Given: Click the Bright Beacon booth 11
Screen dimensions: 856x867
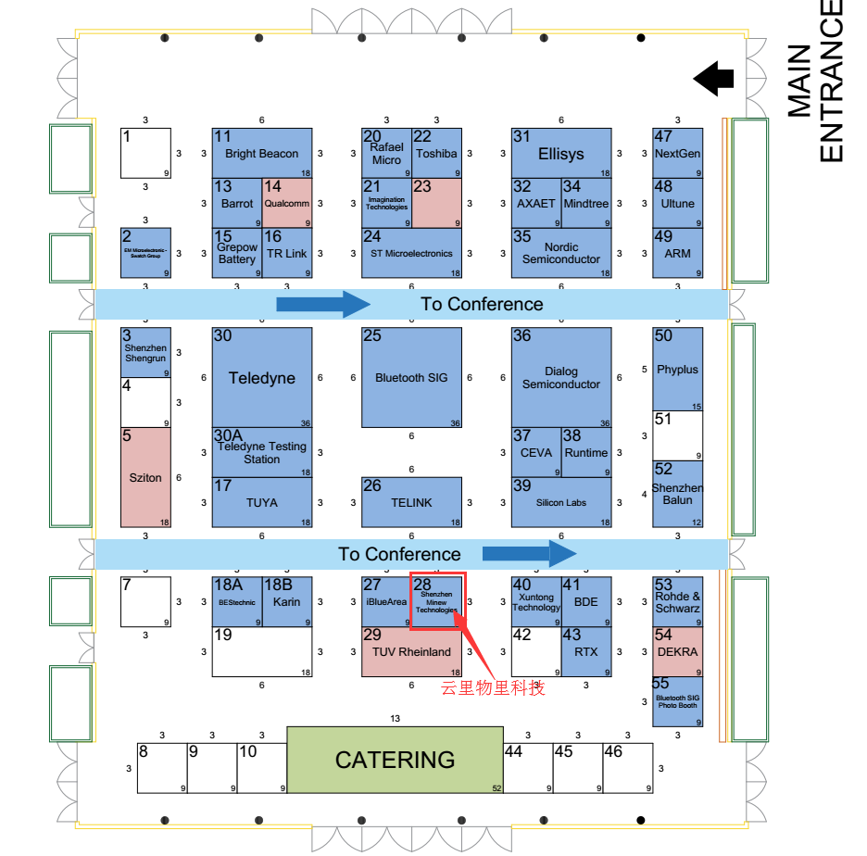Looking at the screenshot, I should [262, 153].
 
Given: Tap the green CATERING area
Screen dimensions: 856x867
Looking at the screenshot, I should [395, 760].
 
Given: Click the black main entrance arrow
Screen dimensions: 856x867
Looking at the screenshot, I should [713, 78].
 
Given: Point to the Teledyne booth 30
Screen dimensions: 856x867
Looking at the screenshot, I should [262, 377].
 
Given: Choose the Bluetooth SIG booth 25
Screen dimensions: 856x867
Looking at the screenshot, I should [411, 377].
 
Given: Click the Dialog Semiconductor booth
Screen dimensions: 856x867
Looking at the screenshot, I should [561, 377].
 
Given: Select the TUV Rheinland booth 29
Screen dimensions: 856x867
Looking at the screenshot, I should [411, 652].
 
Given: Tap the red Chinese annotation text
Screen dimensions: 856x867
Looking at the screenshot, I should [493, 688].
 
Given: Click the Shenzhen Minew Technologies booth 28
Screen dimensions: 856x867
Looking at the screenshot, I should [436, 601].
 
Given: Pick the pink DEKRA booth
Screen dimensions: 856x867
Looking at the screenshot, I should [677, 652].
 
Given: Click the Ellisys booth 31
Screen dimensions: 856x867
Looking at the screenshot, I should [561, 153].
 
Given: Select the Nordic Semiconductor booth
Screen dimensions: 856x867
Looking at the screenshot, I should [561, 253].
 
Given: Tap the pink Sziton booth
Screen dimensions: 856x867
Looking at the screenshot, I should [145, 477].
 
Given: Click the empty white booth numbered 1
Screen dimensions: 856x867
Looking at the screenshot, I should [145, 153].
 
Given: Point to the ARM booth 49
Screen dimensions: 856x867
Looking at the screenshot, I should [677, 253].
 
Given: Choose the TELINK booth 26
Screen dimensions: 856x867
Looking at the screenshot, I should [411, 502].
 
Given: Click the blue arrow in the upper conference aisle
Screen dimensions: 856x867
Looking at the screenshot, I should [323, 304].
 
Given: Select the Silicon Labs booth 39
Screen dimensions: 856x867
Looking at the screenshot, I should [561, 502].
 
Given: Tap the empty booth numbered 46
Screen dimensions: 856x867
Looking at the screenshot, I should [627, 767].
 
